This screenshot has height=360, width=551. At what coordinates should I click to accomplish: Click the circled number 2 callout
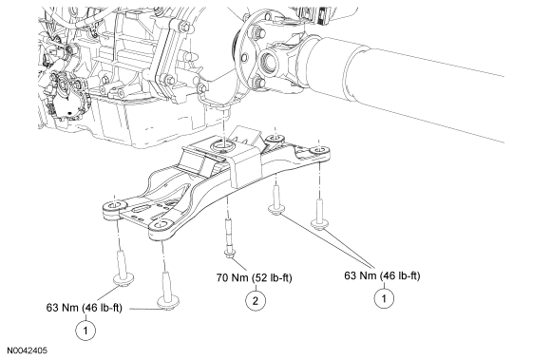[256, 301]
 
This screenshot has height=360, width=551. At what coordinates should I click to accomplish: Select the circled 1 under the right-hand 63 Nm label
[384, 298]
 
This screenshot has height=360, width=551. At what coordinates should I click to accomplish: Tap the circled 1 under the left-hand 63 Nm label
[85, 331]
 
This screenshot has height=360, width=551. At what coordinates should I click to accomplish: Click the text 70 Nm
[232, 277]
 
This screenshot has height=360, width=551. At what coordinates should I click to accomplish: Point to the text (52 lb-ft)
[272, 277]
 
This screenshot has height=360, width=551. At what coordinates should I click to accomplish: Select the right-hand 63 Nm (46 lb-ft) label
[382, 275]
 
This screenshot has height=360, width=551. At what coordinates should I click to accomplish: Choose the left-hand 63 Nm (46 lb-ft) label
[84, 308]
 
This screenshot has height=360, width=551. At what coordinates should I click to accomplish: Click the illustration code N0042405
[28, 351]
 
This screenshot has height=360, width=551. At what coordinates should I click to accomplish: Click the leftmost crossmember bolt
[123, 268]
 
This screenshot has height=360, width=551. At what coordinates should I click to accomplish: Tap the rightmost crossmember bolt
[320, 215]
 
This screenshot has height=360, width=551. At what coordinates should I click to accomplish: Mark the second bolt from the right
[276, 200]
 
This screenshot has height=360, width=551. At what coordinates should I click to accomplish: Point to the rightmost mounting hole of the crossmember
[319, 151]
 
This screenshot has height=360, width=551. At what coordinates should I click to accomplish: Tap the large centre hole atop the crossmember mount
[223, 145]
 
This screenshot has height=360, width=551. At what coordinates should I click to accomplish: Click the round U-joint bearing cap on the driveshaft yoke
[270, 62]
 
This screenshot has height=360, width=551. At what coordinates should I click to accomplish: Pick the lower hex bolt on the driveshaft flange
[258, 83]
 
